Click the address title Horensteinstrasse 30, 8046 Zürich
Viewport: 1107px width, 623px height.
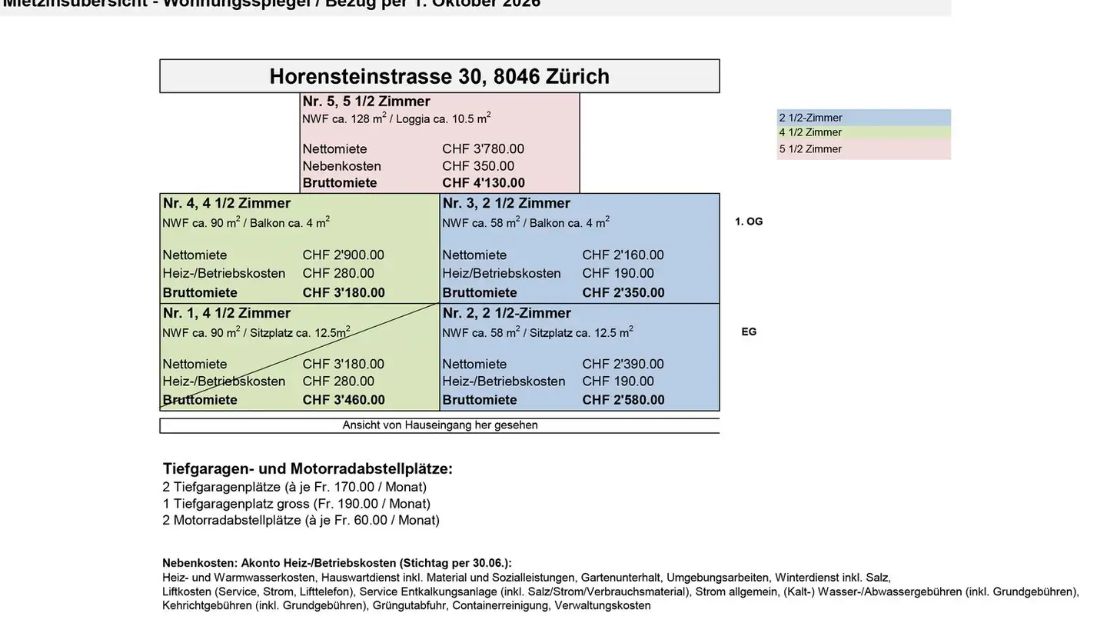coord(439,76)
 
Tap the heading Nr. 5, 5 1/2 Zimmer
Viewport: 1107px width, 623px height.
coord(366,102)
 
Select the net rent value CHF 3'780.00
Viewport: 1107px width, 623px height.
coord(483,149)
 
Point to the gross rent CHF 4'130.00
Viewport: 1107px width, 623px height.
coord(484,183)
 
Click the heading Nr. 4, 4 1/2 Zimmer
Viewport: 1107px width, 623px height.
coord(226,203)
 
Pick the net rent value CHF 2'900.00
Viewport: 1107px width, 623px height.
coord(343,255)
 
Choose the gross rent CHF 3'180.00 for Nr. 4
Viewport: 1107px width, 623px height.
coord(344,293)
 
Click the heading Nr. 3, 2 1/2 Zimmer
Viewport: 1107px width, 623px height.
coord(506,203)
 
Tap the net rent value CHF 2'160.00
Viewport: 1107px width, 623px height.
coord(623,255)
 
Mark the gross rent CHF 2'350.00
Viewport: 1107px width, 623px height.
coord(623,293)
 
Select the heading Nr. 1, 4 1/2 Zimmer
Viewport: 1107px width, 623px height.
coord(226,313)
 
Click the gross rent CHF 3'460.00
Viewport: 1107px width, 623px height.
coord(344,400)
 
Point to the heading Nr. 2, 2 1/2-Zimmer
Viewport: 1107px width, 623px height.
coord(507,313)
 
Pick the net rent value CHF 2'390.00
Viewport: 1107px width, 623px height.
coord(623,365)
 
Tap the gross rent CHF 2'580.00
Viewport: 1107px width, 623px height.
coord(623,400)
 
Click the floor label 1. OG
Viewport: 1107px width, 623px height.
coord(749,222)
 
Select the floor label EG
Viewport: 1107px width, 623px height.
coord(749,332)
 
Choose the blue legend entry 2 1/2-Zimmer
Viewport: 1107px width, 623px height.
coord(810,118)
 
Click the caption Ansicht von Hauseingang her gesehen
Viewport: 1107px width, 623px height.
coord(440,425)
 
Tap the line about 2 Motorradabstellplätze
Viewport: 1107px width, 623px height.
coord(301,521)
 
